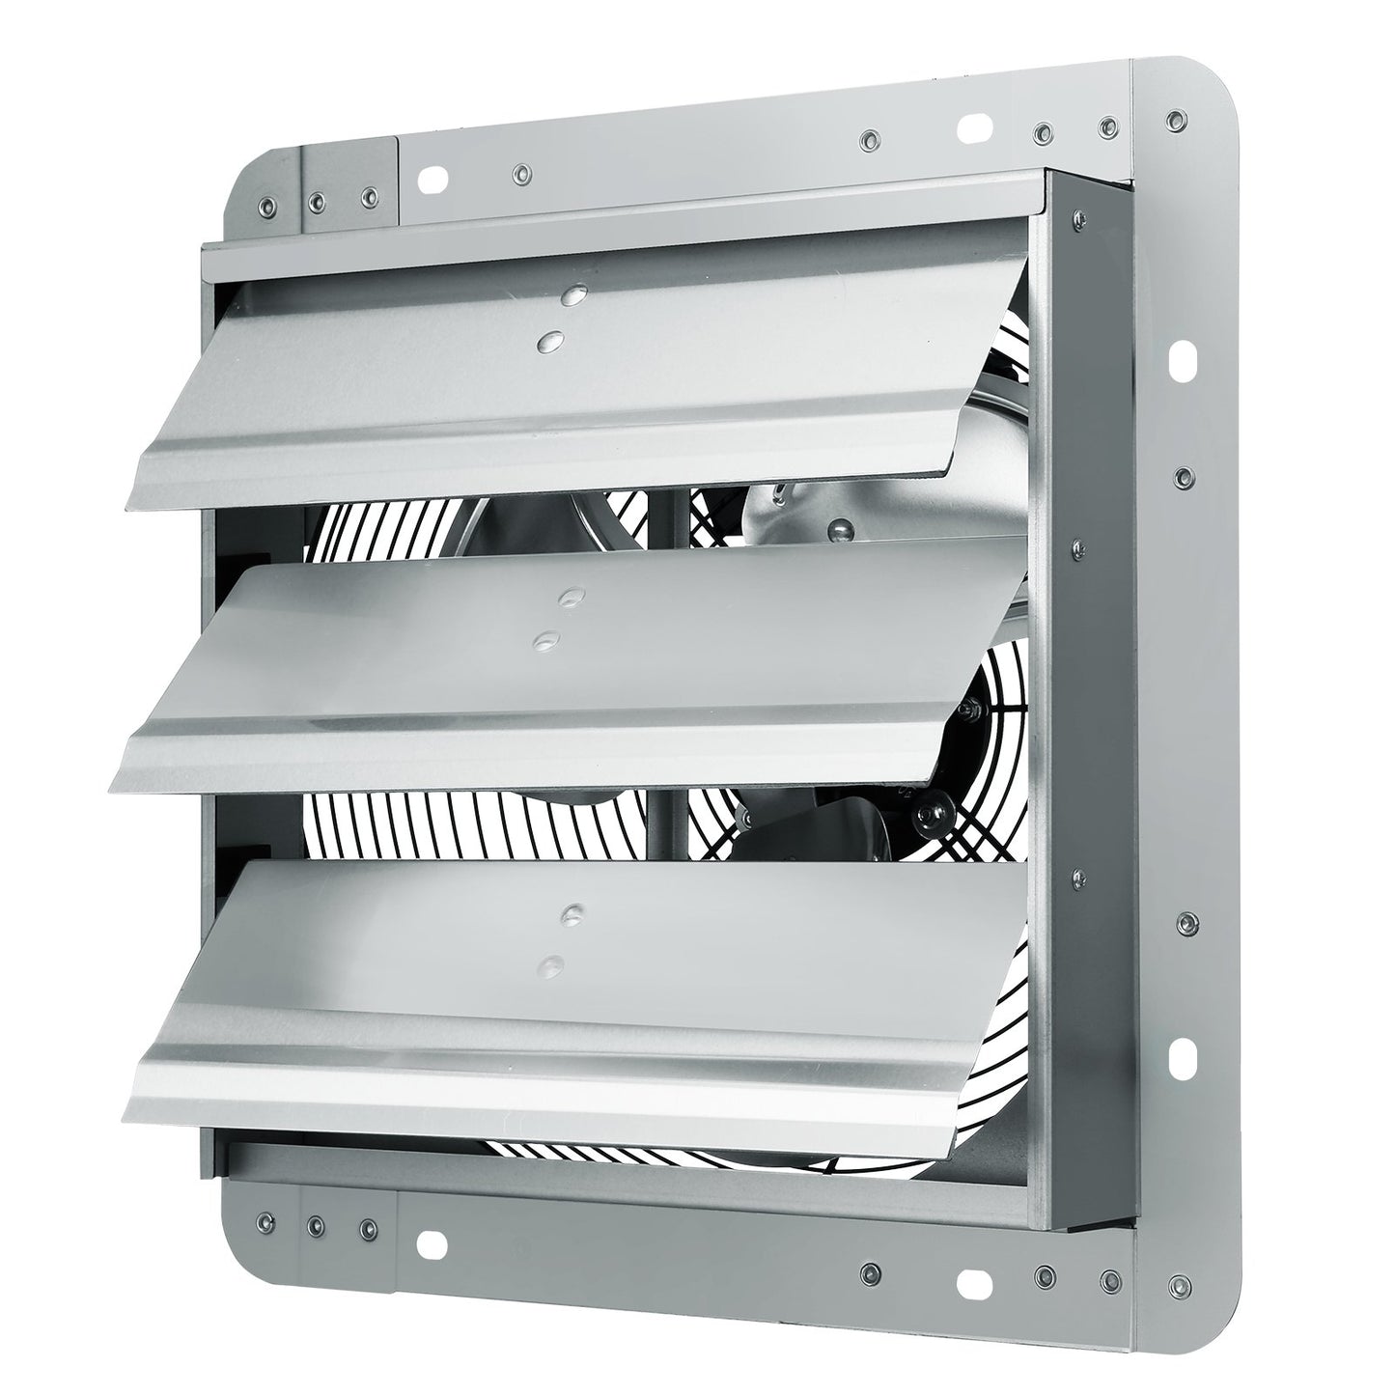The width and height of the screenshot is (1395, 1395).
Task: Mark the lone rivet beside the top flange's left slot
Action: pos(521,173)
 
